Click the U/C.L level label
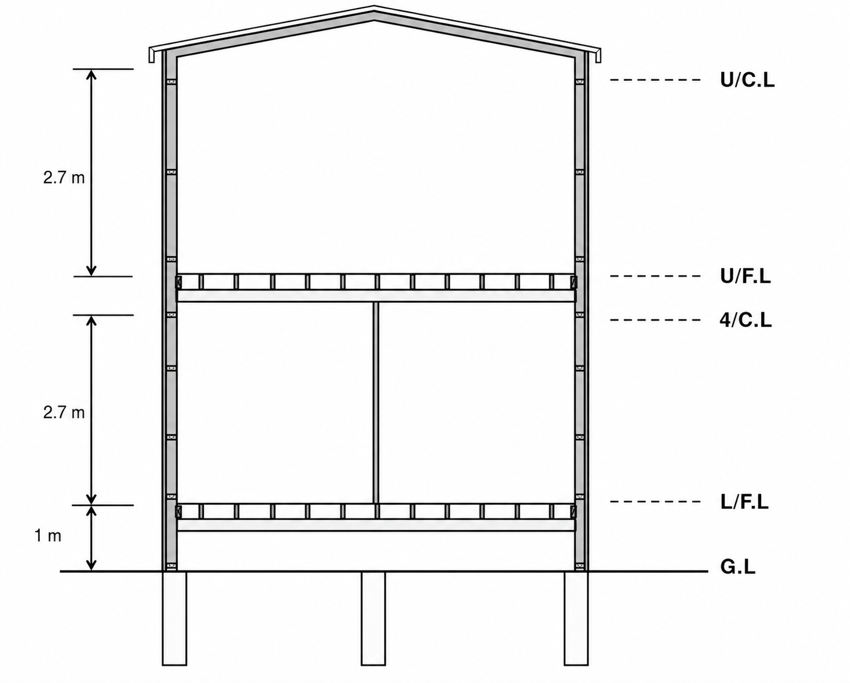(747, 80)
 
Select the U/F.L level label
(745, 276)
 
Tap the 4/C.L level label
(745, 320)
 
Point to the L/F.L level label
(744, 502)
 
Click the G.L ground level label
(738, 567)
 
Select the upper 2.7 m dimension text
(64, 178)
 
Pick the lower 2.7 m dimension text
(64, 412)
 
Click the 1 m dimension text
(48, 536)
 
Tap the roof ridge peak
(374, 7)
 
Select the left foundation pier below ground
(174, 618)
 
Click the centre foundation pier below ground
(373, 618)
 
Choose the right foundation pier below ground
(576, 618)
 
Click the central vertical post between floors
(375, 403)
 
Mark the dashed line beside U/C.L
(655, 80)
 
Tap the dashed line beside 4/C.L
(655, 320)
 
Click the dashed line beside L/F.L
(655, 502)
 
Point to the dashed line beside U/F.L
(655, 276)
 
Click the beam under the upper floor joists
(375, 296)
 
